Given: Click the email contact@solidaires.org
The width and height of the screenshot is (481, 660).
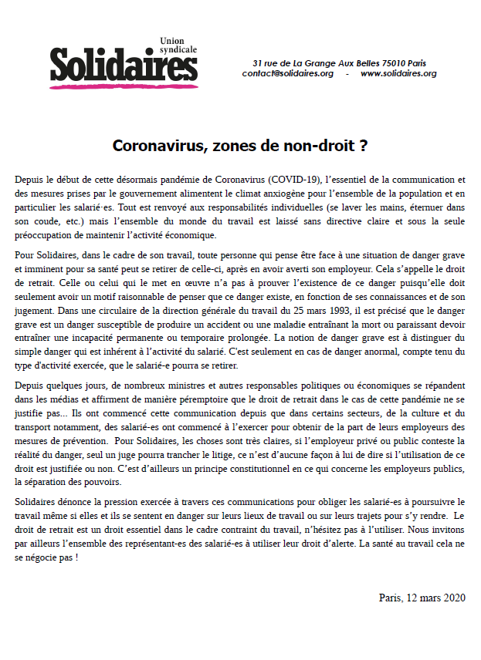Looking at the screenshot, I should (287, 73).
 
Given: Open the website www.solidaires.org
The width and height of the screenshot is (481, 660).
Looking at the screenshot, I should (398, 73).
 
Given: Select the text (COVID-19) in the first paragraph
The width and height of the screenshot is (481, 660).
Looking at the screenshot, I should (296, 179).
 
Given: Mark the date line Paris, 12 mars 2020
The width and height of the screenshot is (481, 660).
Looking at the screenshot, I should (422, 598).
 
